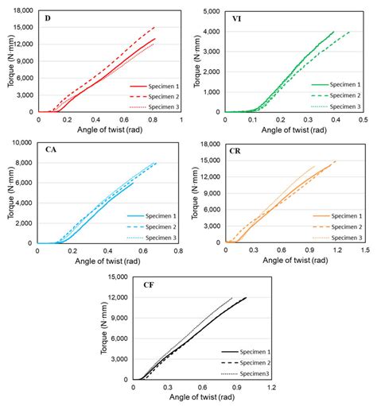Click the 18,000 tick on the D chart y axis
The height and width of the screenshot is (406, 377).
coord(23,10)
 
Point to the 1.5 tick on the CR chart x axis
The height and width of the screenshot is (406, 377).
coord(365,249)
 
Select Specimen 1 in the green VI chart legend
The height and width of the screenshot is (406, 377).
coord(347,83)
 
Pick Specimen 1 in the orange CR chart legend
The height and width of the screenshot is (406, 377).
coord(347,215)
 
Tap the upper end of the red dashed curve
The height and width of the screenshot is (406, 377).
coord(154,27)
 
